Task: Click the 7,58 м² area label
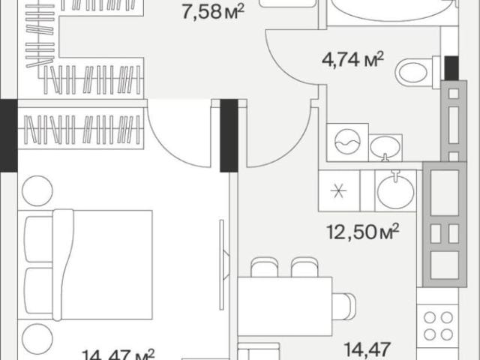coord(213,12)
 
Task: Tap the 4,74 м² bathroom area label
coord(352,59)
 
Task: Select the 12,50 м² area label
coord(363,232)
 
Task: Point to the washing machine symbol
coord(347,142)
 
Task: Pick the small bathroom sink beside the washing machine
coord(385,148)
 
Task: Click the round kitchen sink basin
coord(396,190)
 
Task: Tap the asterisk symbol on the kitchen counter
coord(338,191)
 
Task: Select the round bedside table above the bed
coord(37,190)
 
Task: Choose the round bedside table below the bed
coord(37,339)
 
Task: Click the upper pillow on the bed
coord(39,239)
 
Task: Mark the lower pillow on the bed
coord(39,291)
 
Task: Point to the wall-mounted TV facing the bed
coord(223,265)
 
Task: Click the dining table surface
coord(285,307)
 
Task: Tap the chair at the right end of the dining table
coord(344,307)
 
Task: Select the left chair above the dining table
coord(265,268)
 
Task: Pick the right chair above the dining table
coord(304,268)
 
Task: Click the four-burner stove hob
coord(438,325)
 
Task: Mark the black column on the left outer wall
coord(8,135)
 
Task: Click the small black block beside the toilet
coord(451,68)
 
